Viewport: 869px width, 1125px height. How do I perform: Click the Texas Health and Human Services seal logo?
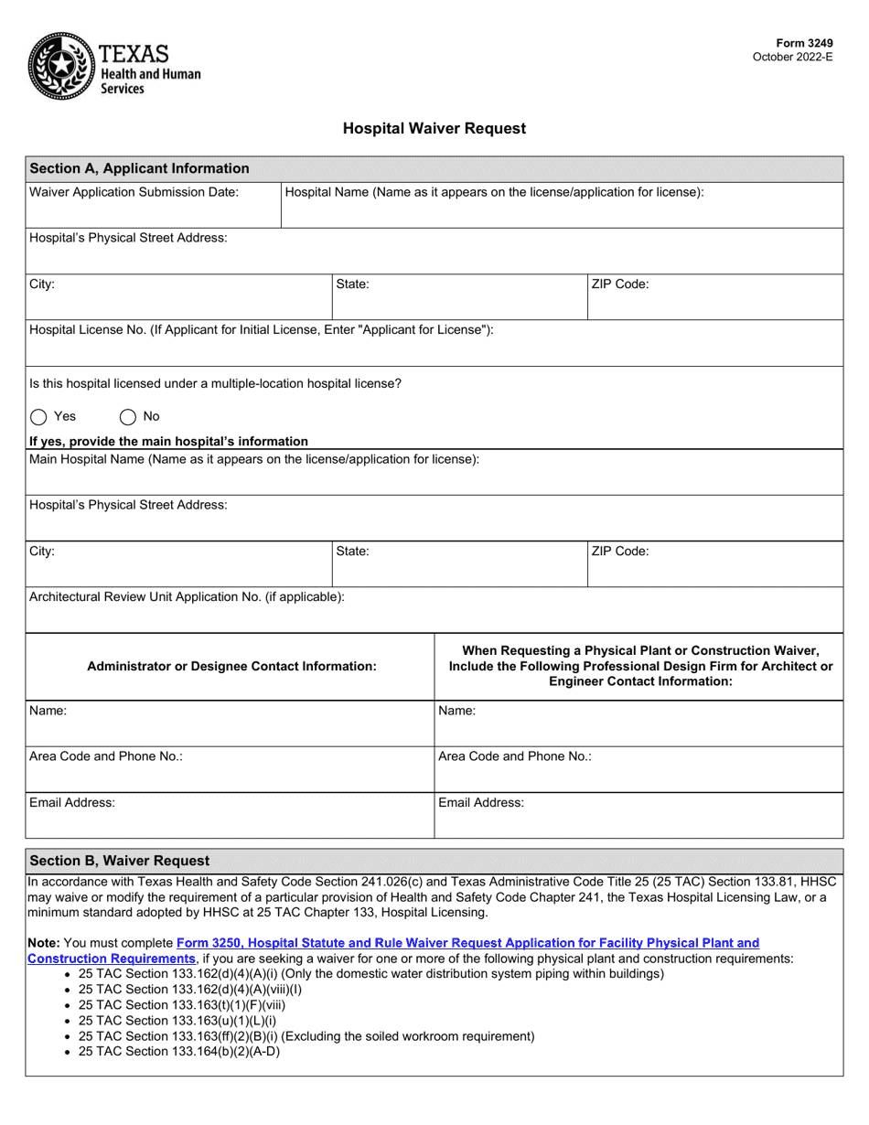(x=61, y=65)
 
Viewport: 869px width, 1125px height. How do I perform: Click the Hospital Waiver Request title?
(x=434, y=129)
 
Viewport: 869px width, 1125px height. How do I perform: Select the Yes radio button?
(x=38, y=417)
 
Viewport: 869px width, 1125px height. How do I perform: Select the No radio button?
(x=128, y=417)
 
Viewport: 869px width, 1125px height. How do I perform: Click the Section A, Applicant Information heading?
(x=139, y=168)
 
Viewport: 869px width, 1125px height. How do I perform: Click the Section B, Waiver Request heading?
(x=119, y=861)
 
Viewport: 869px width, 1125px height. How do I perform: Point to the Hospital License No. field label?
(x=262, y=329)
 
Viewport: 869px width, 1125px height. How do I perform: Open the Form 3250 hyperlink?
(x=467, y=942)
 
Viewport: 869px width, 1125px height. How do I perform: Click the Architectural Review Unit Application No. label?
(x=188, y=596)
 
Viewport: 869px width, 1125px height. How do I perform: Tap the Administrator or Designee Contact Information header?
(x=231, y=667)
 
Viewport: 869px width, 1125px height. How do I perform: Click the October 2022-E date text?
(x=792, y=57)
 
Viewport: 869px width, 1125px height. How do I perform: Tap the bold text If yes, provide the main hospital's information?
(x=169, y=441)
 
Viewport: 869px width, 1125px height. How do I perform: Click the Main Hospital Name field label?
(x=254, y=458)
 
